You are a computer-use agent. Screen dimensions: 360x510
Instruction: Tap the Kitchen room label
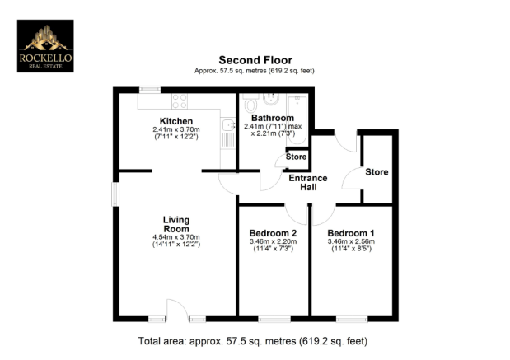point(175,121)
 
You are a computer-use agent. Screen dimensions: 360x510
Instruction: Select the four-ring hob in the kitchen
point(180,102)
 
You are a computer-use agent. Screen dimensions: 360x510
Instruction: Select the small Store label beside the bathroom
point(295,156)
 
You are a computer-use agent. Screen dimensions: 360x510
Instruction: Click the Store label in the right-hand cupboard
point(377,172)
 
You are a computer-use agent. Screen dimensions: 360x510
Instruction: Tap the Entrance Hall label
point(307,183)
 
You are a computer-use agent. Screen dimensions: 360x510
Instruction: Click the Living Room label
point(176,223)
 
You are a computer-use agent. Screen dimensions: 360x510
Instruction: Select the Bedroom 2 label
point(273,233)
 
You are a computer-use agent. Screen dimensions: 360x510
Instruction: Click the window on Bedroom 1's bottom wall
point(351,318)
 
